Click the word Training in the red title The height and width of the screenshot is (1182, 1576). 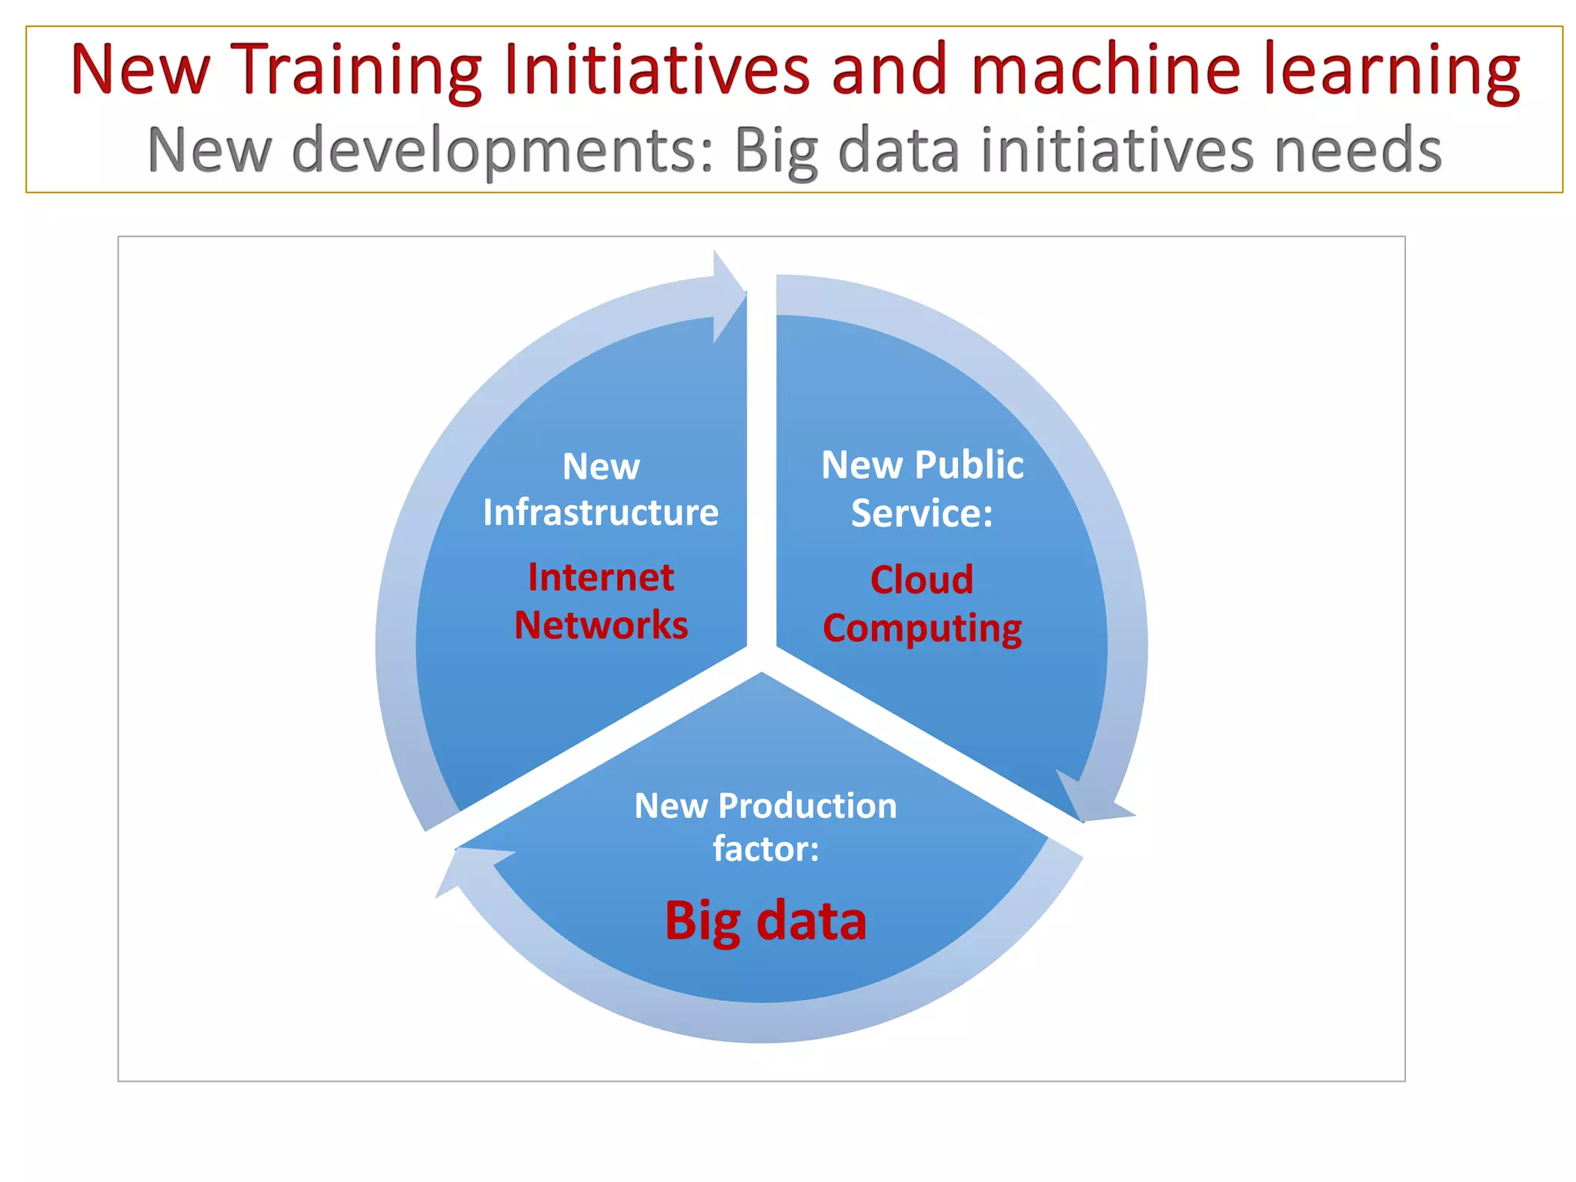tap(356, 71)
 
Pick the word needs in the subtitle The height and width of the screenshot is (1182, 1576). tap(1358, 150)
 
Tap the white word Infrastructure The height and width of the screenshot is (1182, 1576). tap(600, 513)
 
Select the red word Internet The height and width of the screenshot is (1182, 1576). tap(601, 577)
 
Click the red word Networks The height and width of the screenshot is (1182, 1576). tap(601, 625)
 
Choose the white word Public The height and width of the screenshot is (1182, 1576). tap(969, 465)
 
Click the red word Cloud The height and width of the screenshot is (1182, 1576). tap(922, 579)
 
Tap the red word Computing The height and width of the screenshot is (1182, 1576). tap(922, 629)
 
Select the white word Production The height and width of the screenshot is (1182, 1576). tap(807, 806)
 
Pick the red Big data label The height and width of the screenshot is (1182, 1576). tap(766, 920)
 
